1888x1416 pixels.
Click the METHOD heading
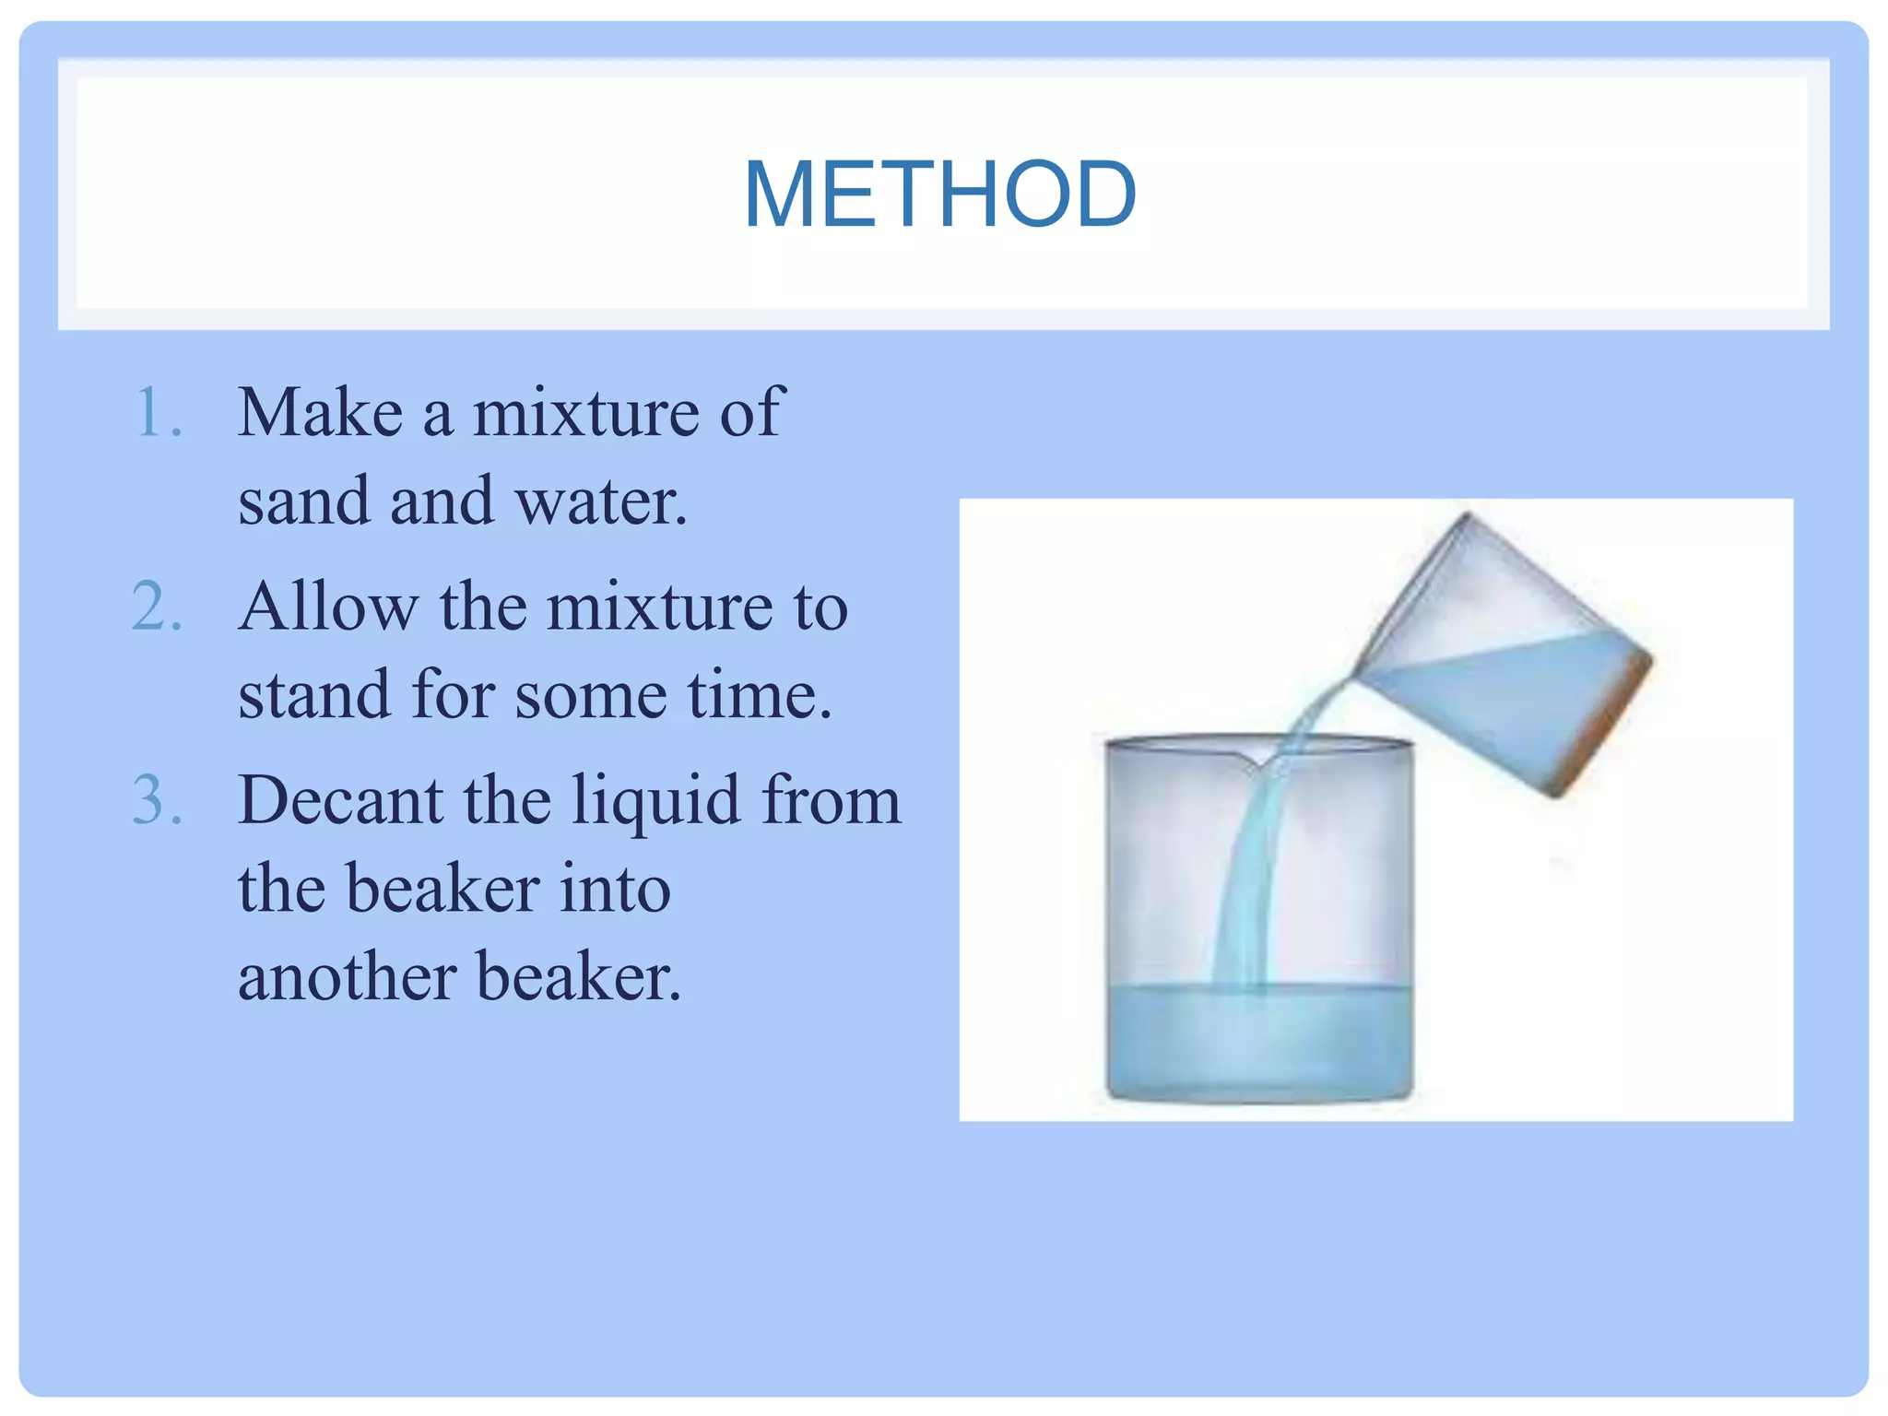[939, 195]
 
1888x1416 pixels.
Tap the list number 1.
[157, 412]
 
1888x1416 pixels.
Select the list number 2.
[157, 608]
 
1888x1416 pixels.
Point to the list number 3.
[157, 799]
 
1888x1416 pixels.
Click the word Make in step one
[320, 412]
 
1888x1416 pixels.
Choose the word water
[600, 501]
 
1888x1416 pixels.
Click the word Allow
[328, 608]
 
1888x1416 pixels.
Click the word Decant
[340, 799]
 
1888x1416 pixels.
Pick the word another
[348, 977]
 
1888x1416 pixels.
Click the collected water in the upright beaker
[1259, 1042]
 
